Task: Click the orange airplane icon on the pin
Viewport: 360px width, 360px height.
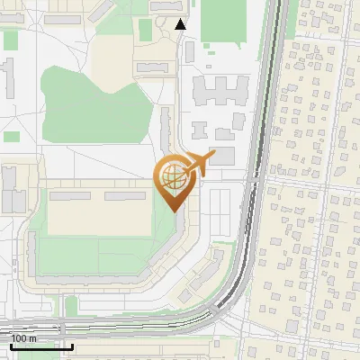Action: [x=200, y=162]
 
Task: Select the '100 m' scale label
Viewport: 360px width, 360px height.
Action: [x=23, y=338]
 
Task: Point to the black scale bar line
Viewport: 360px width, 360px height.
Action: [x=41, y=346]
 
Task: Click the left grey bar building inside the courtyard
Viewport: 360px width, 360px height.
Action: [x=69, y=195]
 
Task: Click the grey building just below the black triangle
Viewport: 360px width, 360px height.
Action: [x=189, y=51]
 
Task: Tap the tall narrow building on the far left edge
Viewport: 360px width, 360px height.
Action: [x=8, y=76]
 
